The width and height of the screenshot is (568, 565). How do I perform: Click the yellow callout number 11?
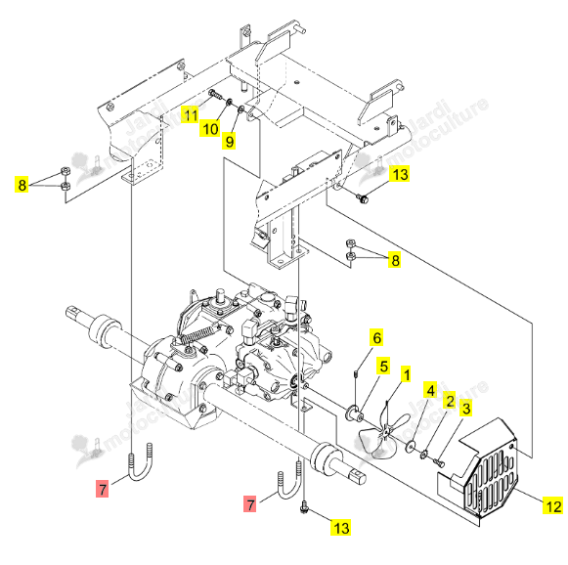coord(191,114)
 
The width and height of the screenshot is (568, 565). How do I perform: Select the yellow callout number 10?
coord(210,128)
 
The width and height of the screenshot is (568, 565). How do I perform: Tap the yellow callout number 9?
coord(230,141)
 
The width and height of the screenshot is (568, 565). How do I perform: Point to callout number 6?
coord(376,337)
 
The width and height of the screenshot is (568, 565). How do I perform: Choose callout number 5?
coord(383,366)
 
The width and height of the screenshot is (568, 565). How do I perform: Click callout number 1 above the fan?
coord(407,374)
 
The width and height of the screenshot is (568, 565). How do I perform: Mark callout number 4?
coord(431,390)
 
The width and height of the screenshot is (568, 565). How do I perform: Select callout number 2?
coord(450,400)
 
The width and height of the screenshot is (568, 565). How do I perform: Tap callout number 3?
coord(466,409)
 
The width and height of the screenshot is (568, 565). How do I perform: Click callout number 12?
coord(553,505)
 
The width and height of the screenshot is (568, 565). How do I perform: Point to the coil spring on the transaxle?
coord(198,334)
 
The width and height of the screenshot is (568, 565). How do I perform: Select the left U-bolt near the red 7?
coord(140,462)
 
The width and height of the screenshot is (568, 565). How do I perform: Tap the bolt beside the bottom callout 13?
coord(304,507)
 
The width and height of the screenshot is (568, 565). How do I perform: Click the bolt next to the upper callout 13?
coord(363,197)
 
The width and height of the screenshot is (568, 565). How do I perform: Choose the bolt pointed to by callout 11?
coord(215,95)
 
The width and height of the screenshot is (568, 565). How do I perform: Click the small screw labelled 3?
coord(439,462)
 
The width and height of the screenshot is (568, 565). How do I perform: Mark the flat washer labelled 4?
coord(411,446)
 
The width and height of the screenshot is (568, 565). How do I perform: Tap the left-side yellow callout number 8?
coord(22,185)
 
